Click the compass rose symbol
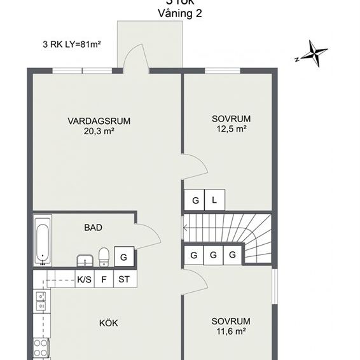(x=313, y=53)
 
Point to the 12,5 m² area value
(x=232, y=128)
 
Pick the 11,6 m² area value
(x=232, y=331)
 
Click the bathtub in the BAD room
(x=43, y=241)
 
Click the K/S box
(x=84, y=279)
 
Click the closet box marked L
(x=214, y=201)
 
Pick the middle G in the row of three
(x=213, y=255)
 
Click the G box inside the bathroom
(x=124, y=256)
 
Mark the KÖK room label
(x=108, y=323)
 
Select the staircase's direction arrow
(x=186, y=226)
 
